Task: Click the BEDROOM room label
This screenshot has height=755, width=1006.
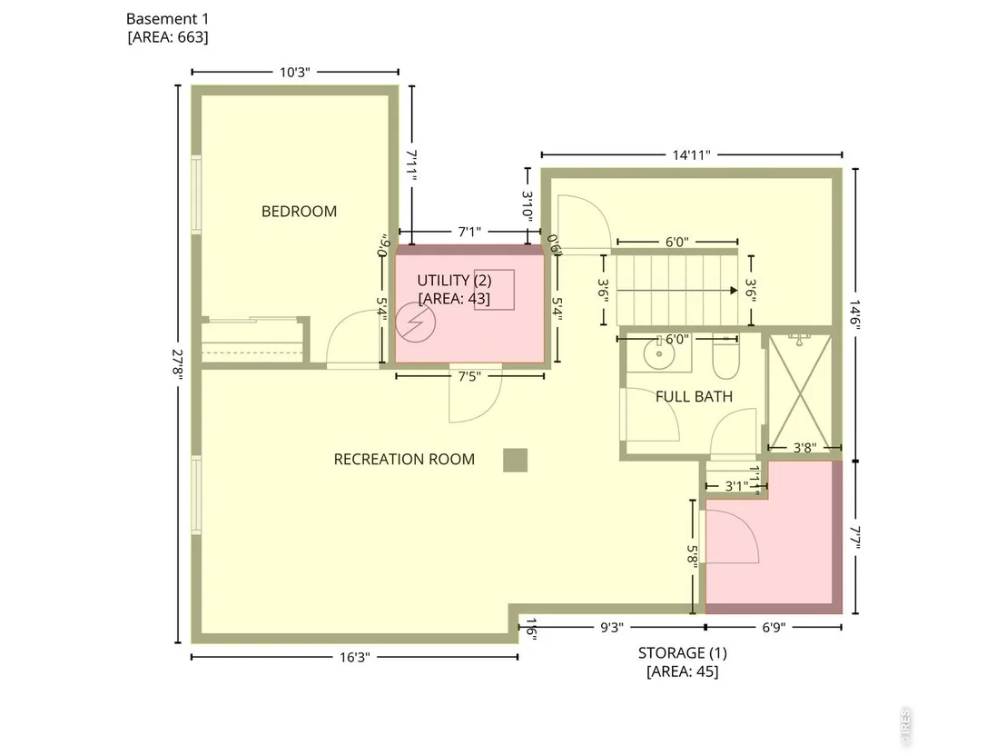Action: [299, 211]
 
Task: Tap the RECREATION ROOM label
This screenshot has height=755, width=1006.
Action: [404, 459]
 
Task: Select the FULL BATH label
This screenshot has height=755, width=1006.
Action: [695, 397]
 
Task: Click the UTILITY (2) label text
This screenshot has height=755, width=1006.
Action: [454, 281]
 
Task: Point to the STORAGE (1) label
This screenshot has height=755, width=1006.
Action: [683, 653]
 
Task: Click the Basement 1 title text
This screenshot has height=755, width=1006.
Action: [167, 19]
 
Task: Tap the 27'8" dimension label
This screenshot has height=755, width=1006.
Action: [178, 364]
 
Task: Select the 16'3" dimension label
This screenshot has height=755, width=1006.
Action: [355, 658]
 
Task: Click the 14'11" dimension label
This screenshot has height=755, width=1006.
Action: [692, 154]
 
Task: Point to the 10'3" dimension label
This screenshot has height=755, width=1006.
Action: [294, 72]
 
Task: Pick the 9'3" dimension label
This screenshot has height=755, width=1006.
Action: [611, 627]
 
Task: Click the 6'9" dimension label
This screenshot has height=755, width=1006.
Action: [774, 627]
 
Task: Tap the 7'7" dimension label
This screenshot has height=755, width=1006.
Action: [855, 538]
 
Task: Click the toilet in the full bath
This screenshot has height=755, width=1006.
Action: [725, 358]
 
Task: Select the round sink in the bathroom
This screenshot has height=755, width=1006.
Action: [659, 354]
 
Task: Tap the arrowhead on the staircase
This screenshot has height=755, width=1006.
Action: [734, 290]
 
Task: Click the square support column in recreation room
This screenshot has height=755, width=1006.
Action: [515, 461]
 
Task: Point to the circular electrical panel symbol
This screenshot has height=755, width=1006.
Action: [416, 323]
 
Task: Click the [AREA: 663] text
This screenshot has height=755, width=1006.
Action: [168, 37]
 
